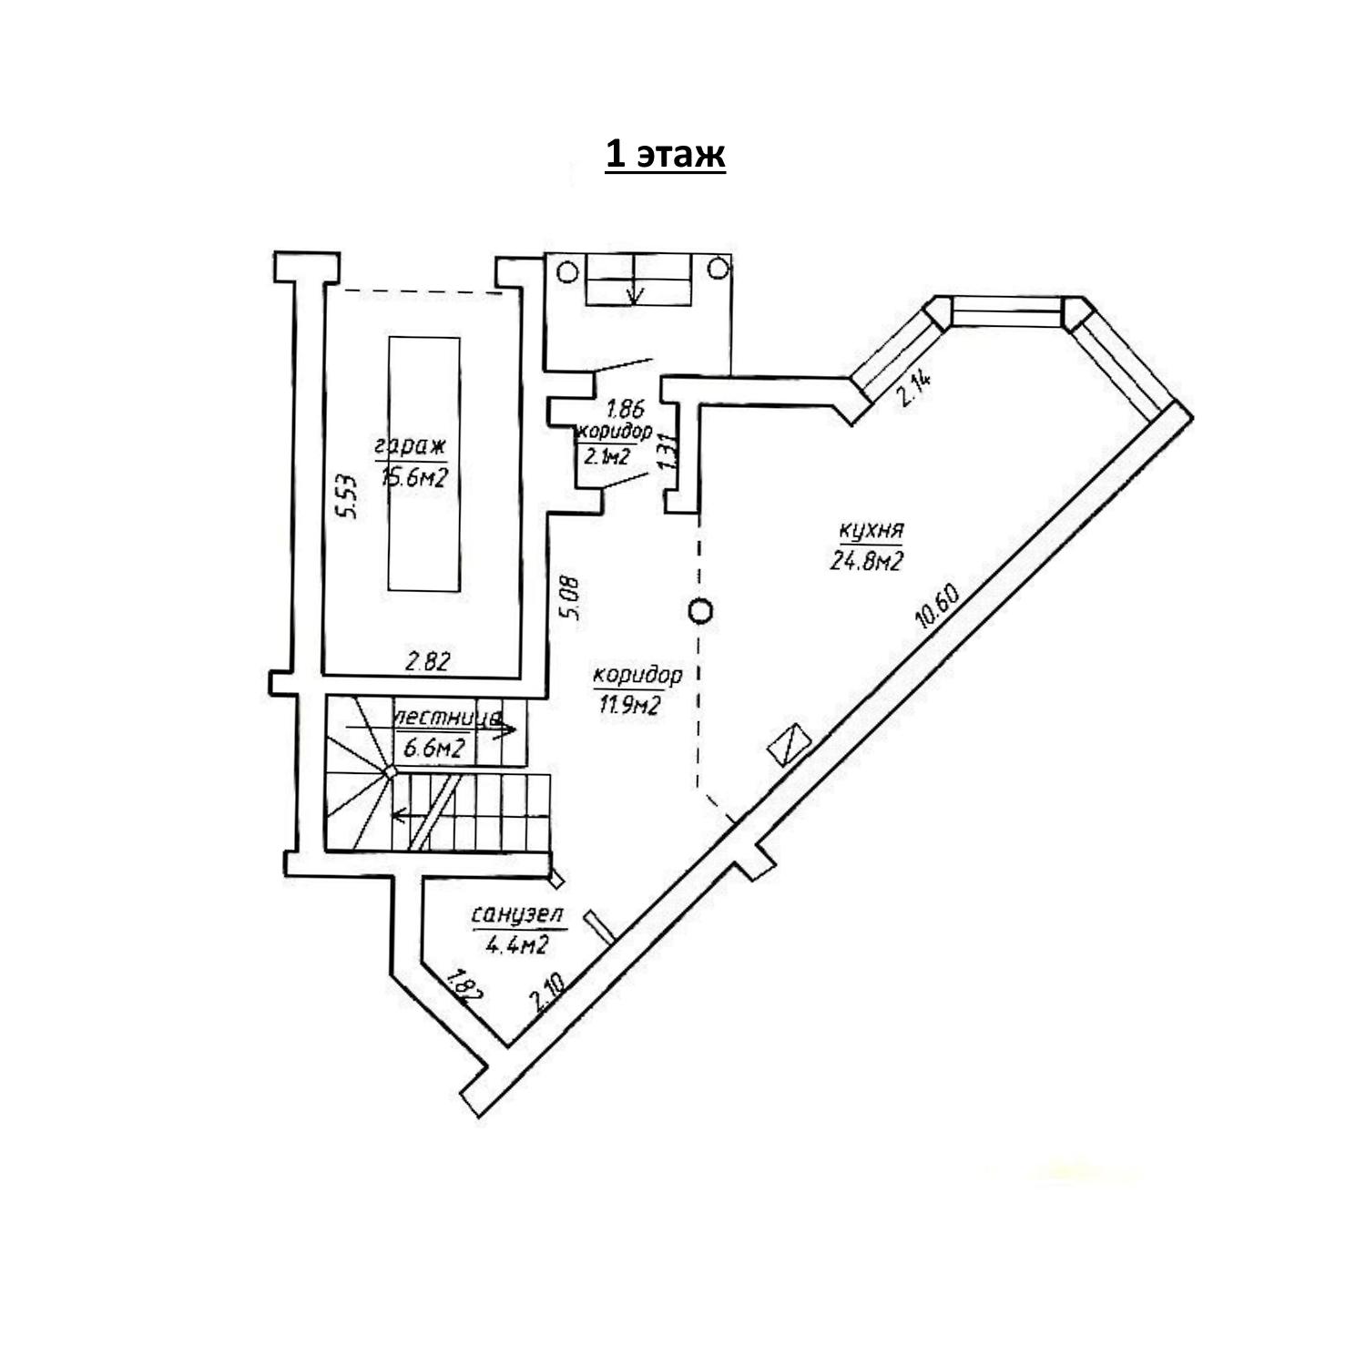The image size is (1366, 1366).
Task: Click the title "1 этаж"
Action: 665,155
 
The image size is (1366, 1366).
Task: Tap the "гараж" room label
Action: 410,446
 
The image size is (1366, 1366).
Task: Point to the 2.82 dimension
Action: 428,662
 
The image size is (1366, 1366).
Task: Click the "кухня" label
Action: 872,531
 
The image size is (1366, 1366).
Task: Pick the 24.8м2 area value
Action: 866,561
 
